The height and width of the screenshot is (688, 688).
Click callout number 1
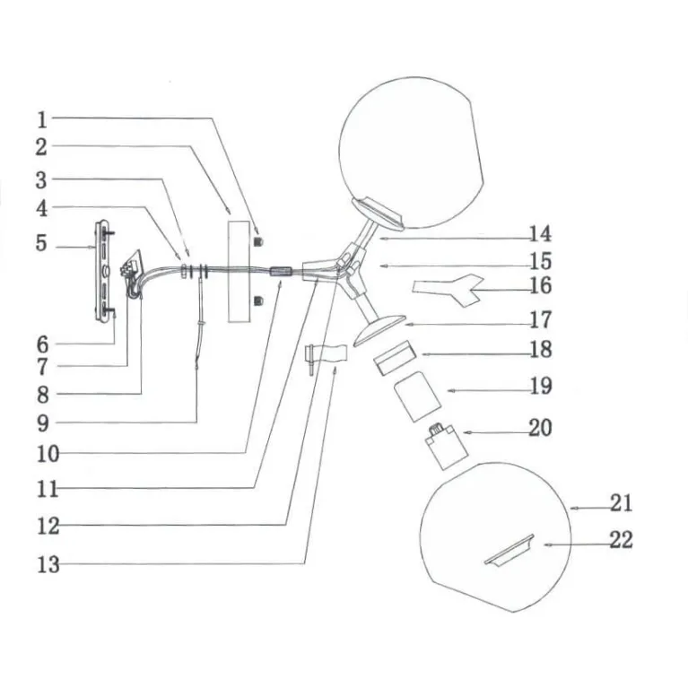41,120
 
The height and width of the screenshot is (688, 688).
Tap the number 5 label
41,243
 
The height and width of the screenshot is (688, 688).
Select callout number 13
48,564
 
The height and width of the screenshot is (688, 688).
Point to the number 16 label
540,285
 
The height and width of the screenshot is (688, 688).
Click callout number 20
540,428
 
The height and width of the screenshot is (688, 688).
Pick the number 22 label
621,540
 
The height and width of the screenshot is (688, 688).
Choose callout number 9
42,424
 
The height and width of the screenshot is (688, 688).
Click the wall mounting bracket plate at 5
104,271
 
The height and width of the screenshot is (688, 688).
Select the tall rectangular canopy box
239,272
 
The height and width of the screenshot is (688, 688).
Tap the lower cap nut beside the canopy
259,301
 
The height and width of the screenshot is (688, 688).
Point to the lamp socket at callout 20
446,446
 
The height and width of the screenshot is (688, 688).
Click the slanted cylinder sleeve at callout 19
417,396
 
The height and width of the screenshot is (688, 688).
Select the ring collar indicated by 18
395,358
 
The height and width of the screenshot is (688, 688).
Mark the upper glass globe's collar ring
379,213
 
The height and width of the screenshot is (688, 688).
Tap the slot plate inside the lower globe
509,550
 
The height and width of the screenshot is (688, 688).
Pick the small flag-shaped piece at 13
327,354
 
